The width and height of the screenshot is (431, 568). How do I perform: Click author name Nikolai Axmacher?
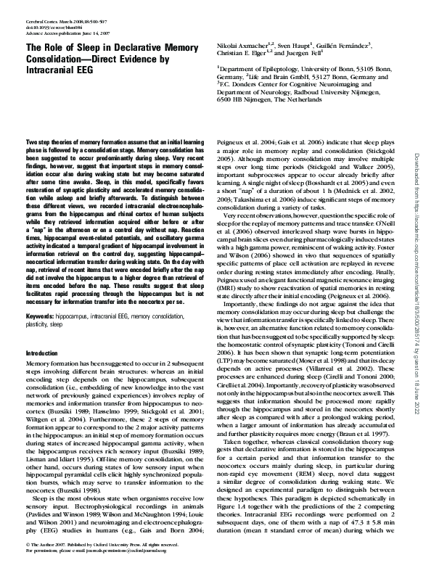[241, 46]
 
